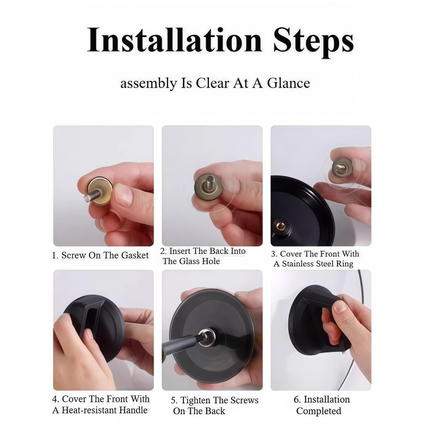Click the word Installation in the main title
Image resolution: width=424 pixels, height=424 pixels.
tap(174, 40)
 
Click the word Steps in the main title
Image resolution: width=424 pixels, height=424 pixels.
tap(313, 42)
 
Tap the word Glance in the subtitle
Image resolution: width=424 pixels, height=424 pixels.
tap(288, 83)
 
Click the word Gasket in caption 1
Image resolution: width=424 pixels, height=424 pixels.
tap(135, 255)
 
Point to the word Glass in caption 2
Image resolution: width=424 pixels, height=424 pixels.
tap(191, 261)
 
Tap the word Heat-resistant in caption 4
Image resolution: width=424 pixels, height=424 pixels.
tap(104, 410)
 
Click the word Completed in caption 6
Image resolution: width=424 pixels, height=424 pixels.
tap(319, 411)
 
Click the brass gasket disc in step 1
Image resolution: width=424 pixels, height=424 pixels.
tap(101, 191)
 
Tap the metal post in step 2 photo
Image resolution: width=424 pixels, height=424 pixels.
tap(209, 182)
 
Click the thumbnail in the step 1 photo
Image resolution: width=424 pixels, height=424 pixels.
tap(125, 195)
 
